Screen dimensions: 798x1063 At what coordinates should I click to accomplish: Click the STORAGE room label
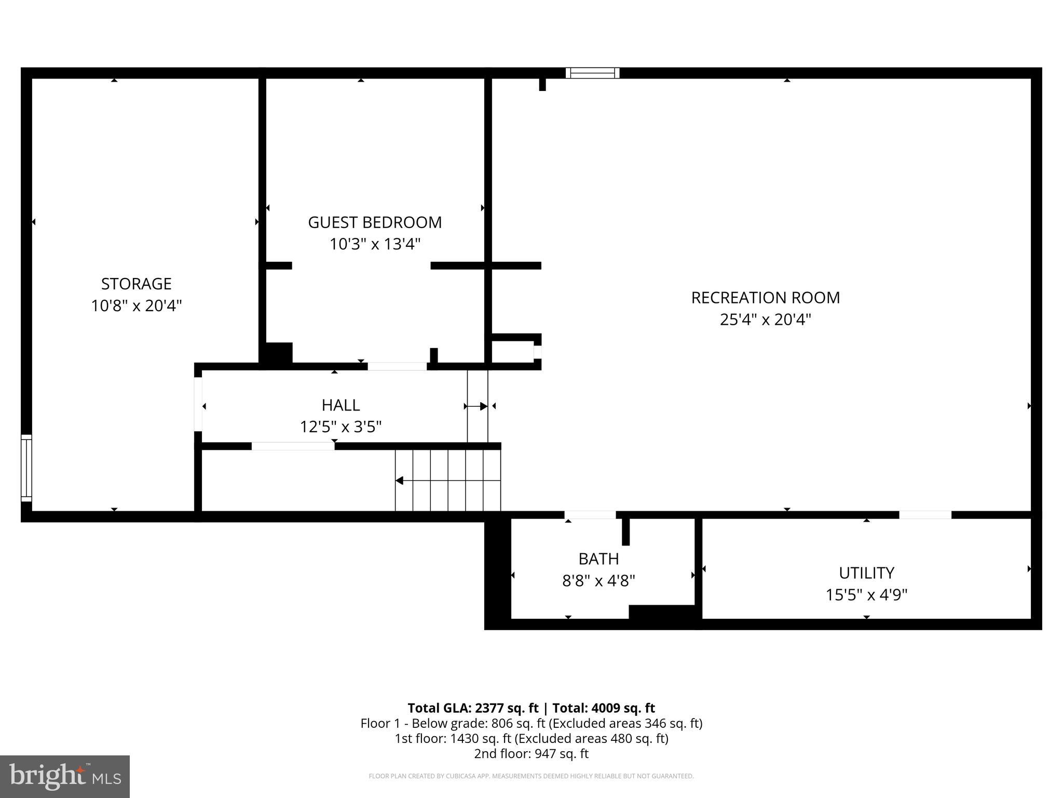[136, 284]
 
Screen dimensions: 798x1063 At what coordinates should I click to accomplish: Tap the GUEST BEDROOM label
[375, 222]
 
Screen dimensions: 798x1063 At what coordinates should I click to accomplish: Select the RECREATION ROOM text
[765, 298]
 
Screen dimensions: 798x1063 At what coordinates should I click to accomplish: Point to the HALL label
[340, 405]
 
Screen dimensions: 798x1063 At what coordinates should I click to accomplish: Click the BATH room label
[598, 558]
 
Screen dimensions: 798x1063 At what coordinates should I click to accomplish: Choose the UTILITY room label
[866, 573]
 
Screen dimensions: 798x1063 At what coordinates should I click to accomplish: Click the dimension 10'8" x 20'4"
[136, 305]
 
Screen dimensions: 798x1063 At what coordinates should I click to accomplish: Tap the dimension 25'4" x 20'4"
[765, 319]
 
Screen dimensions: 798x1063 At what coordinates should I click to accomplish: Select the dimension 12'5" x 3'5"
[340, 427]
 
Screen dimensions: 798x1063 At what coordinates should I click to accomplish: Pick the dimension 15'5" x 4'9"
[866, 594]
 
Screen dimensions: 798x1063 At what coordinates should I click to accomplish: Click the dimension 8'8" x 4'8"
[598, 580]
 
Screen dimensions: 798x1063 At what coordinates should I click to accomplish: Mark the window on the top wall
[592, 73]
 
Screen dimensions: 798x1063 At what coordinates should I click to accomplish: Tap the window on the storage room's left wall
[26, 468]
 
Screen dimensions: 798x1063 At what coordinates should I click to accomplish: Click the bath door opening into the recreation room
[590, 515]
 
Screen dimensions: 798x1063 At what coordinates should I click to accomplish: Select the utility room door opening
[925, 515]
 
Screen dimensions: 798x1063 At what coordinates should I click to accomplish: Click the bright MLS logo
[65, 776]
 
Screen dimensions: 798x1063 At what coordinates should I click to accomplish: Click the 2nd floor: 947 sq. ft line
[531, 753]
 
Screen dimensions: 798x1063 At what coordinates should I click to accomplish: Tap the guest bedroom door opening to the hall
[397, 366]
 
